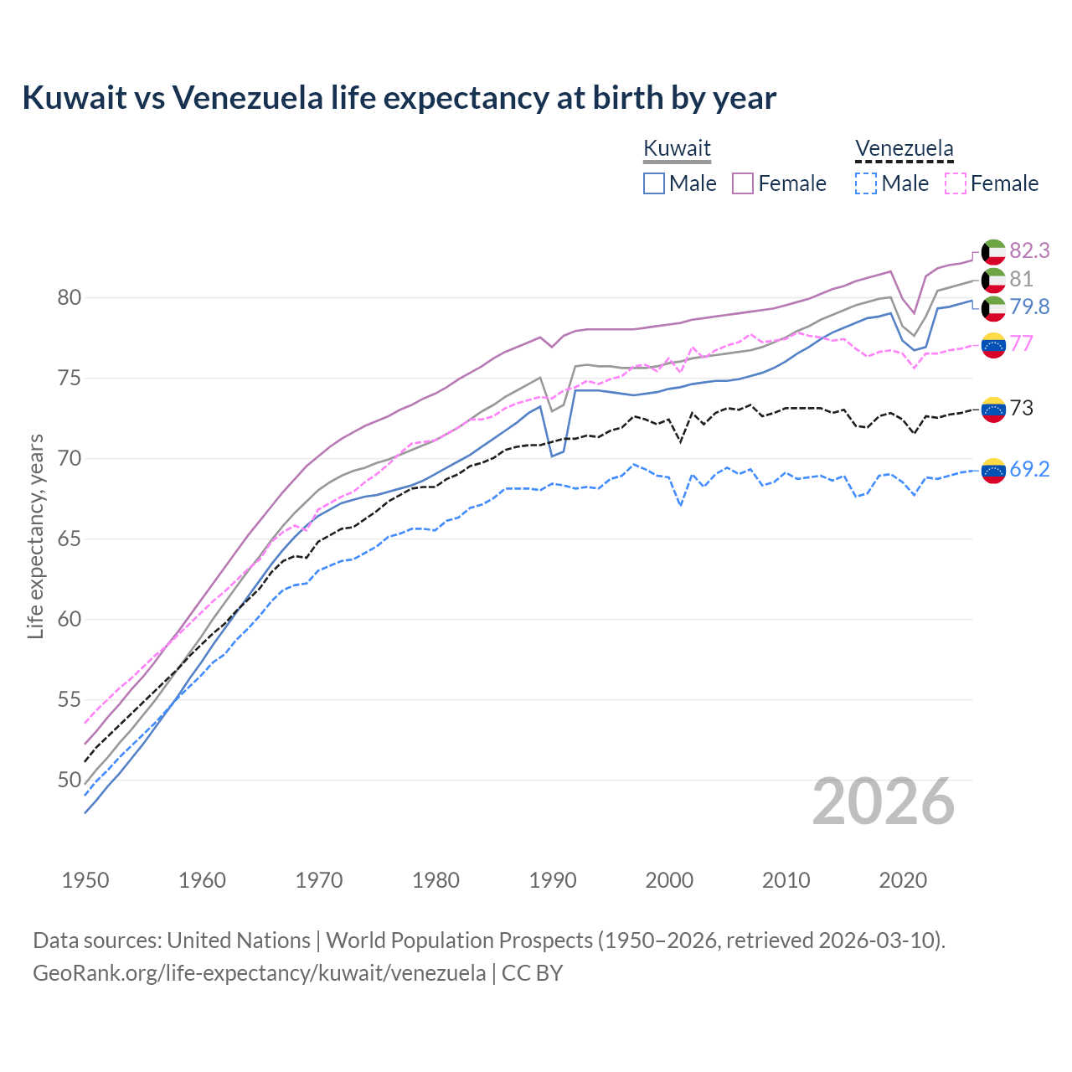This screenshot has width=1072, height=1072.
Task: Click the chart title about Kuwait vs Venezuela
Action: click(399, 98)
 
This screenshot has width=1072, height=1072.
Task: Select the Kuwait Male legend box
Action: click(654, 183)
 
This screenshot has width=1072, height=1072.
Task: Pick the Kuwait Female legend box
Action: click(743, 183)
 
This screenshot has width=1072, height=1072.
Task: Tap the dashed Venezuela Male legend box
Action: click(866, 183)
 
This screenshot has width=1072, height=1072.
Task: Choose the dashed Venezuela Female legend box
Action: click(956, 183)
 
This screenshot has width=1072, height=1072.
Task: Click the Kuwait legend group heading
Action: click(677, 149)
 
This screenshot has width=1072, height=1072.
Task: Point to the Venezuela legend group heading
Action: click(904, 149)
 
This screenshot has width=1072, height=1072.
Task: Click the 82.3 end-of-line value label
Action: click(1029, 250)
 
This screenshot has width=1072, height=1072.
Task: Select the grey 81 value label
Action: click(1021, 279)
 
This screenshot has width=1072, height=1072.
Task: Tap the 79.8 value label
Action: click(1029, 307)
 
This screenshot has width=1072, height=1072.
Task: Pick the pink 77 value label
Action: click(1021, 343)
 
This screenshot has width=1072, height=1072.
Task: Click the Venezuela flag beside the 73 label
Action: click(993, 409)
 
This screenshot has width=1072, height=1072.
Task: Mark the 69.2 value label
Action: click(1029, 469)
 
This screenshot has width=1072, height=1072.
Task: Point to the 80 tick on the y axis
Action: click(70, 297)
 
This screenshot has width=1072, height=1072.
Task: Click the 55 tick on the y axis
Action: click(70, 699)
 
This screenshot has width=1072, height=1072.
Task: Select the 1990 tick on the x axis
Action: click(553, 880)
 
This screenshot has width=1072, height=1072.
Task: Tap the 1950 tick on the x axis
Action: click(85, 880)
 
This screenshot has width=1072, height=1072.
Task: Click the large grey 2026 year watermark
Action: click(883, 801)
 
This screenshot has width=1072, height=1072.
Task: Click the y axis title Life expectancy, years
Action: click(35, 536)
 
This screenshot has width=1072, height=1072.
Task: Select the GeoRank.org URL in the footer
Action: click(260, 973)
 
